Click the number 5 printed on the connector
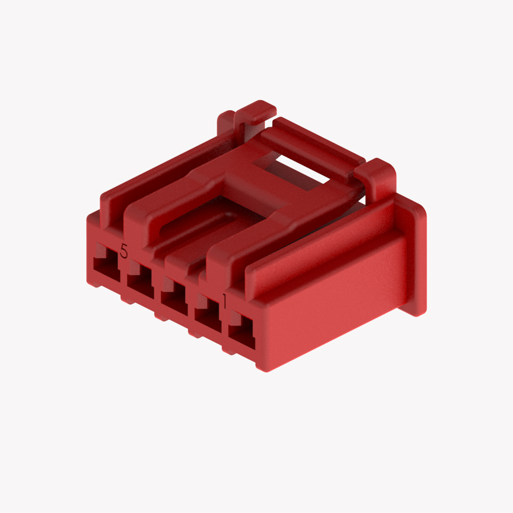[x=124, y=251]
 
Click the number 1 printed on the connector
[x=224, y=301]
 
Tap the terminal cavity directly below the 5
[x=105, y=269]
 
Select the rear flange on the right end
[x=416, y=256]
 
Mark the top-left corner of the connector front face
[x=90, y=219]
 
